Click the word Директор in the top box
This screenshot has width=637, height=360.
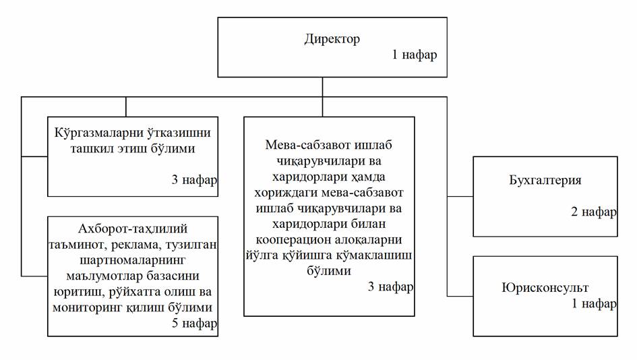click(332, 38)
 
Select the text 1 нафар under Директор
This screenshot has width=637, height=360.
click(415, 55)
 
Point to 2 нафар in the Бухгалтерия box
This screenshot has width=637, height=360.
click(594, 212)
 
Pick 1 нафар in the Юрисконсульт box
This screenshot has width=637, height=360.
click(594, 303)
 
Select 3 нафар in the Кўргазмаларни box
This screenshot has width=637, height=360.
click(194, 180)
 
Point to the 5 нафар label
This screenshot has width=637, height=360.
click(194, 324)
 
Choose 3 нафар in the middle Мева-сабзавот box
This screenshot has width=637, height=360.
click(390, 287)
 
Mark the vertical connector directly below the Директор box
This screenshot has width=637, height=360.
click(322, 86)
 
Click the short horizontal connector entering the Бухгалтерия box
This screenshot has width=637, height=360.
click(460, 196)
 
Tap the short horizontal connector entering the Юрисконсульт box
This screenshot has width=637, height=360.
click(460, 296)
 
